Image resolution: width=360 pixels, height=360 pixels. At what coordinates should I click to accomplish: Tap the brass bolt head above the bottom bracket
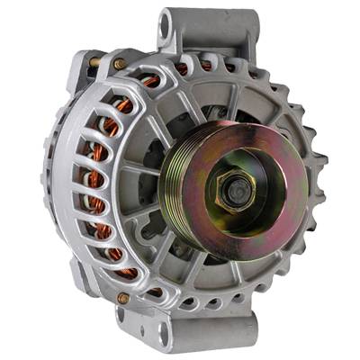click(x=123, y=298)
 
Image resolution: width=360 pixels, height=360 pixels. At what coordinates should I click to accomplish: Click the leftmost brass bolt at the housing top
click(x=94, y=62)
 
